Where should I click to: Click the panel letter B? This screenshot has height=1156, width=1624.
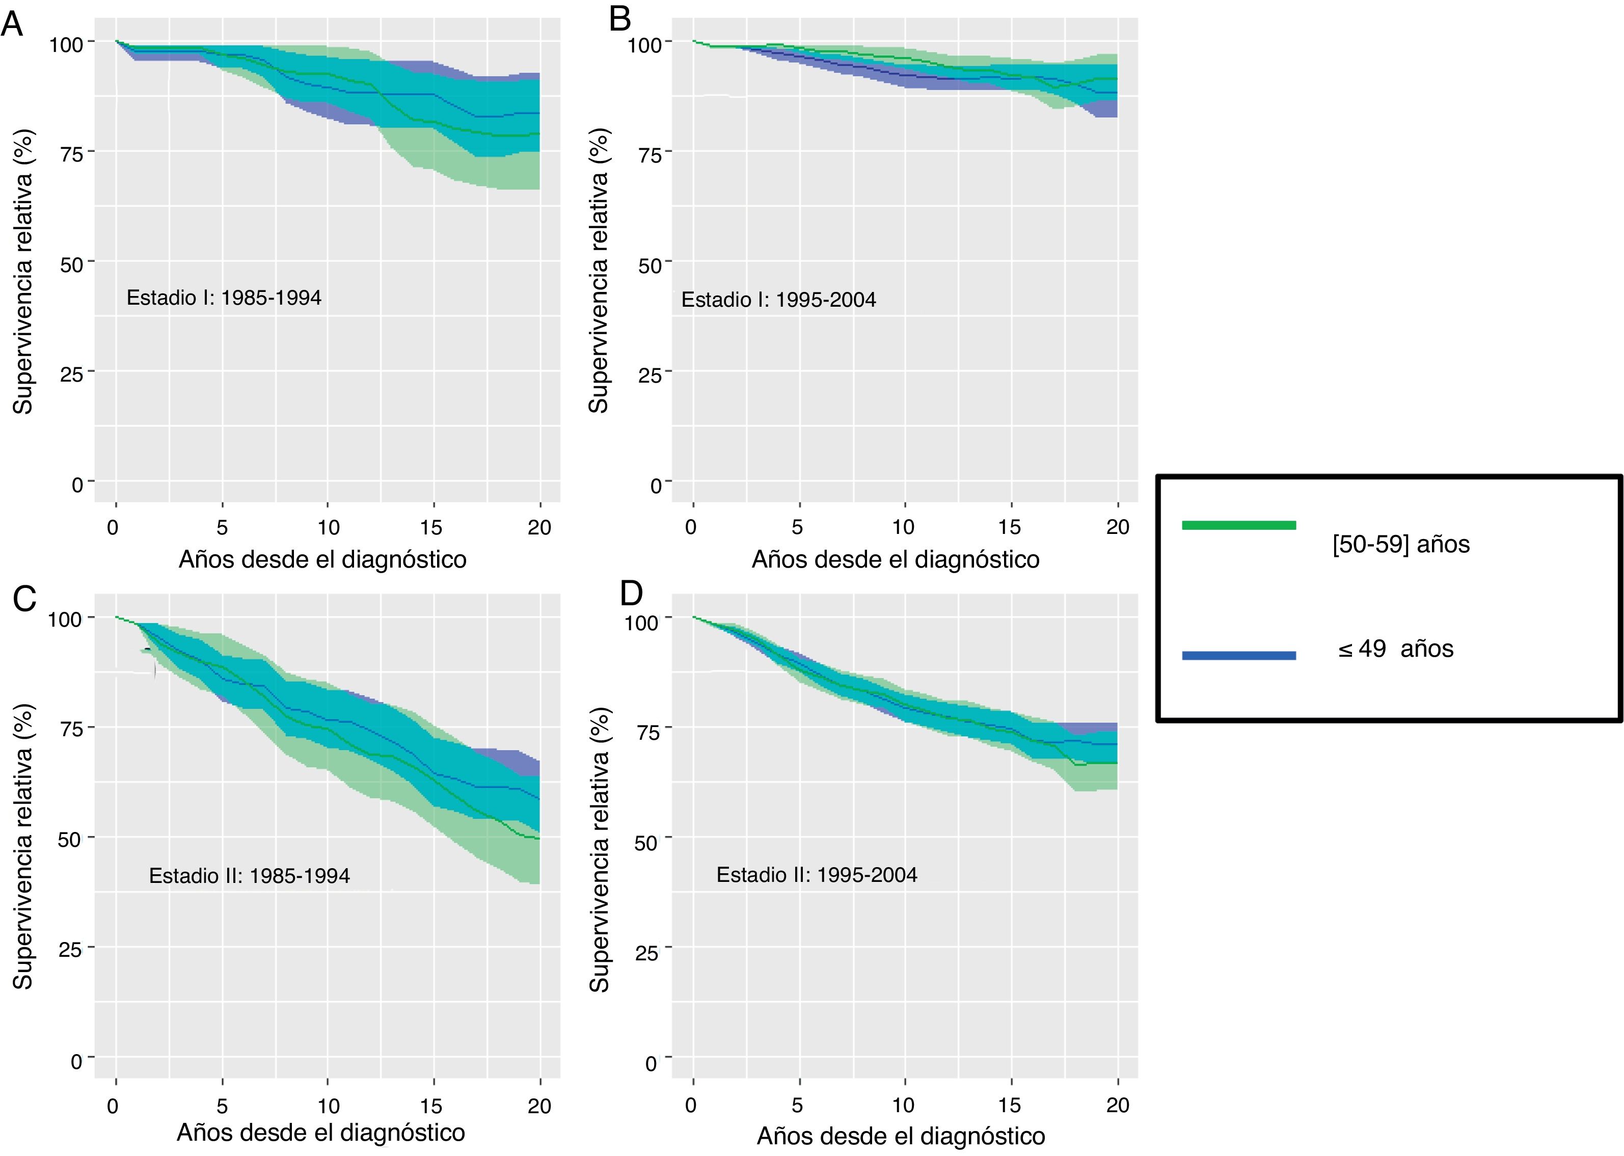click(x=620, y=20)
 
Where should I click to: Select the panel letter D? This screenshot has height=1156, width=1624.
click(x=631, y=593)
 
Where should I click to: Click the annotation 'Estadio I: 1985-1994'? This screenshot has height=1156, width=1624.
click(x=224, y=298)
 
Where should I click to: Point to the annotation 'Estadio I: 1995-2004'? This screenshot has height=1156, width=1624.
click(x=778, y=300)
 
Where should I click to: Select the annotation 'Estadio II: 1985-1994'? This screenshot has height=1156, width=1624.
click(x=249, y=876)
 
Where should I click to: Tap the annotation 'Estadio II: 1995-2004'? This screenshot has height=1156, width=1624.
click(x=816, y=874)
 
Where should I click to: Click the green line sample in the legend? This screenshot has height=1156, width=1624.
click(x=1238, y=525)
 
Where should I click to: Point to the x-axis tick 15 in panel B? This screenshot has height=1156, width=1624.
click(x=1009, y=527)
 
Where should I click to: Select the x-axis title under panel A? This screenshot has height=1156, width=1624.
click(x=322, y=559)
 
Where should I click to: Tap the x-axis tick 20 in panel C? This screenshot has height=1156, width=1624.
click(x=539, y=1106)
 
